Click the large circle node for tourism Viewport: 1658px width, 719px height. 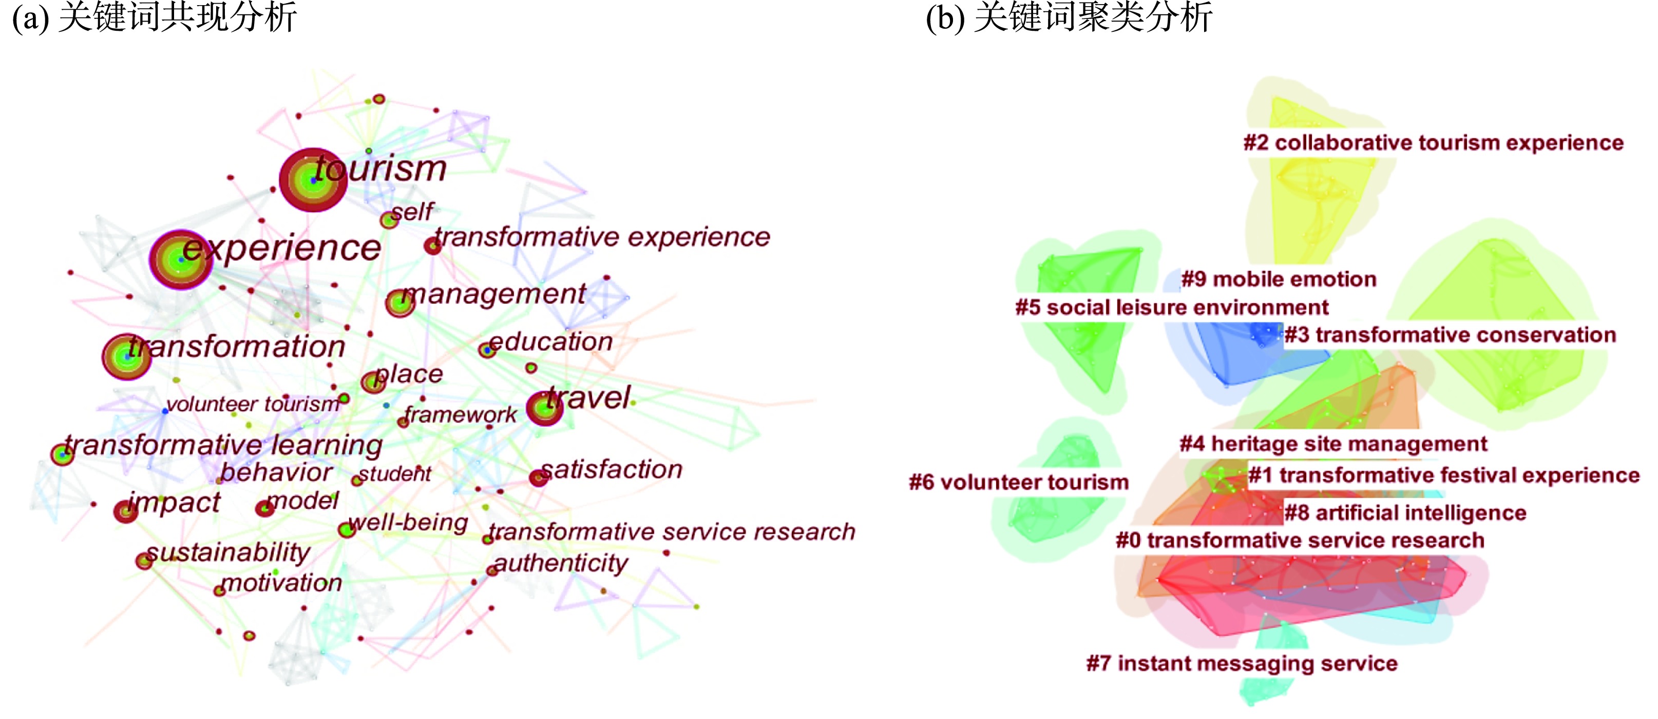pos(313,180)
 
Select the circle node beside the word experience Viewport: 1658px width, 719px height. pos(181,259)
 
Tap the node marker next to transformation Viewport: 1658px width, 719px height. pos(126,356)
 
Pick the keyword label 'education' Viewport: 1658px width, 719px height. pos(551,342)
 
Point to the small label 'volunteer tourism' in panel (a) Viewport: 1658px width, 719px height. pos(252,404)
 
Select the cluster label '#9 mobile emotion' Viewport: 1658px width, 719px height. pos(1278,279)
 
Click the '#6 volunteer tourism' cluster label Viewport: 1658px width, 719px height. pos(1018,483)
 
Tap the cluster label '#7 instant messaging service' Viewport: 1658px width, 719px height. pos(1242,663)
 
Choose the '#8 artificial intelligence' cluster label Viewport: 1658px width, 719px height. pos(1405,512)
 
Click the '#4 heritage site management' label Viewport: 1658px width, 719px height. pos(1333,444)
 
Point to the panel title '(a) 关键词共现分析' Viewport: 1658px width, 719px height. pos(155,17)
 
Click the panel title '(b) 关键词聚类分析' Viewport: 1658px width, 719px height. pos(1069,17)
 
